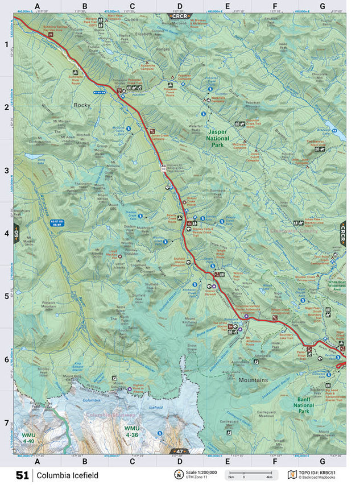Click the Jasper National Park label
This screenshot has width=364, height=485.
coord(216,138)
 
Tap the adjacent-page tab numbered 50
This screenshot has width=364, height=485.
coord(17,233)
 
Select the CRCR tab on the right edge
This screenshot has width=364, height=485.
coord(343,233)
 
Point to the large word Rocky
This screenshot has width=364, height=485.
coord(82,105)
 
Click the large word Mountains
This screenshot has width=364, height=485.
coord(257,379)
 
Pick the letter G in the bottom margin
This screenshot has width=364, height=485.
coord(322,461)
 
